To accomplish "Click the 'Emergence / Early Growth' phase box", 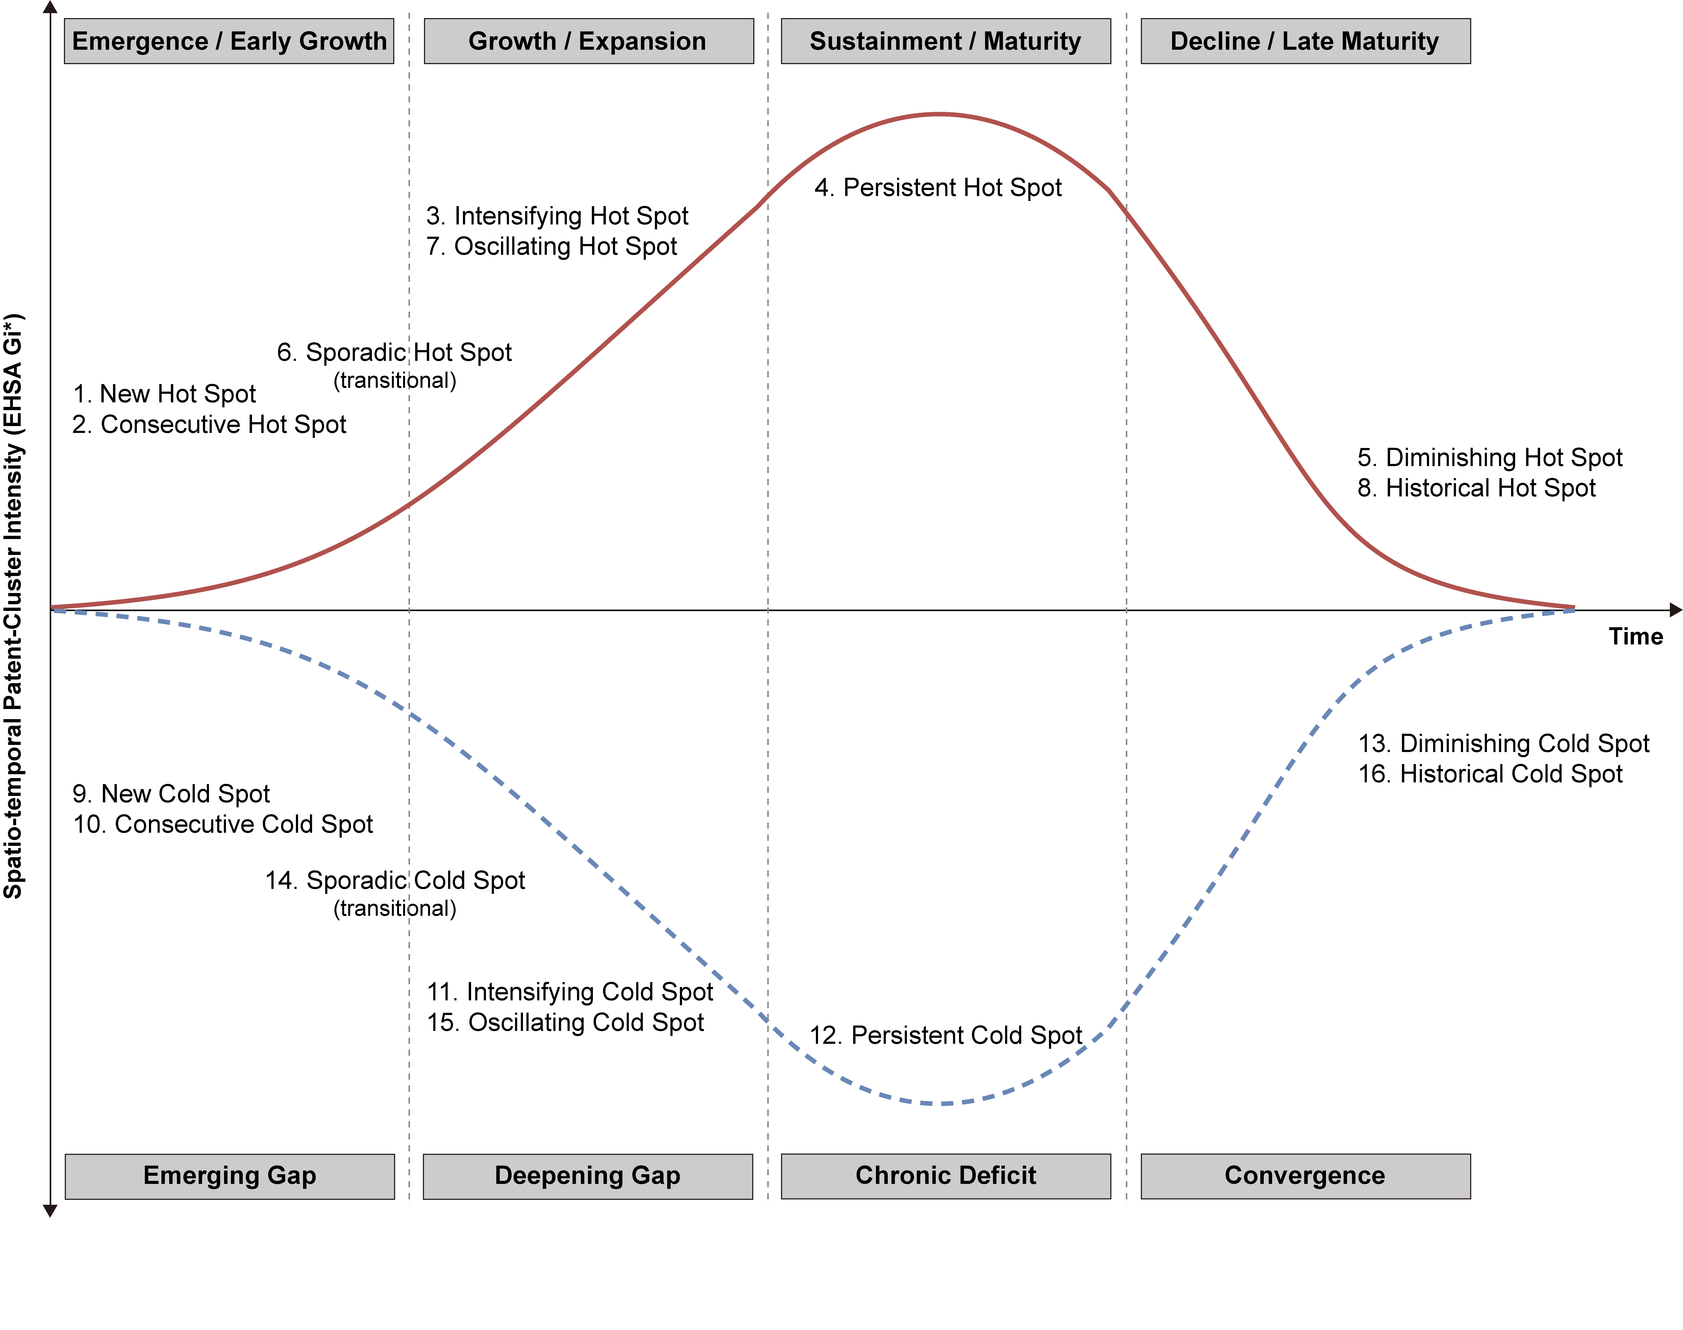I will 229,41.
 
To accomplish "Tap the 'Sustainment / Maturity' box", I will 945,41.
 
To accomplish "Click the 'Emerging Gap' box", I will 230,1176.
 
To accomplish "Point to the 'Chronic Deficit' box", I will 945,1176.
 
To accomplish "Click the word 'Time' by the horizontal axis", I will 1635,637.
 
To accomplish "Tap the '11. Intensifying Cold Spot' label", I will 569,992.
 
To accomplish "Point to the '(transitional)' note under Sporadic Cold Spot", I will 395,909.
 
